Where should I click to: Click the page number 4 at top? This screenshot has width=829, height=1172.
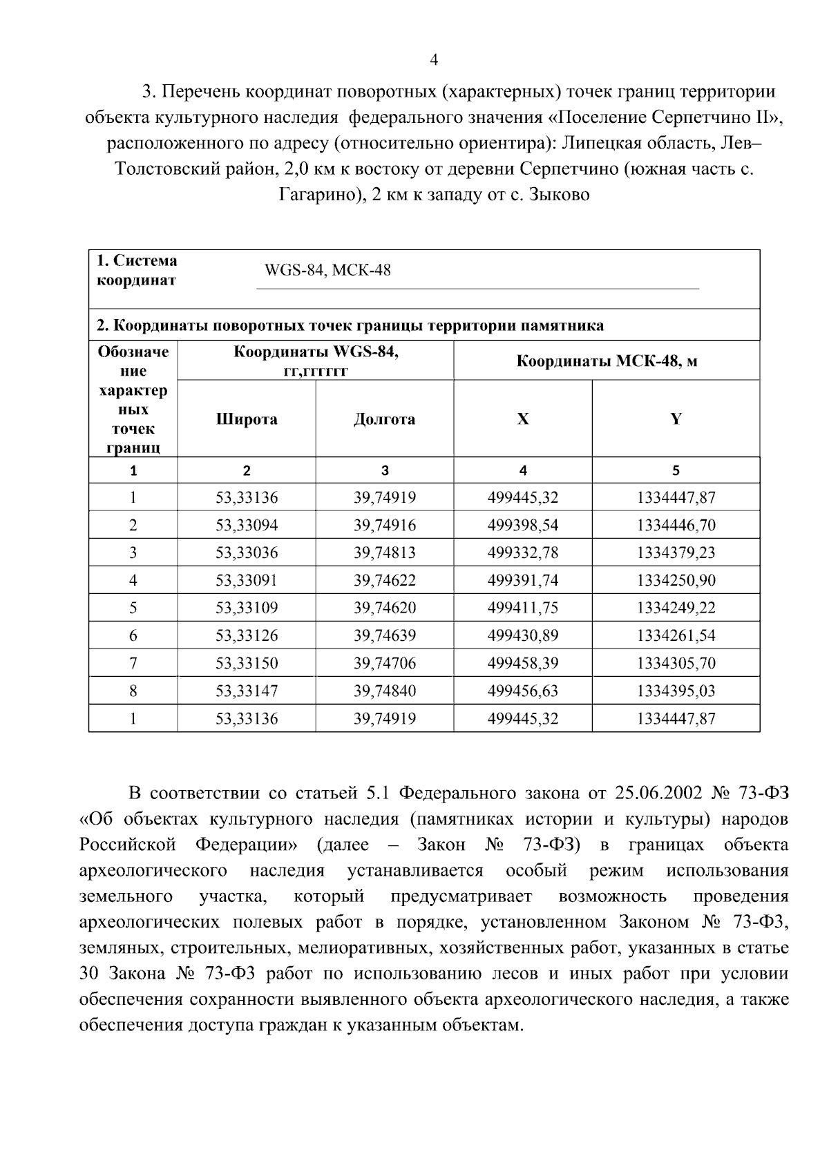pyautogui.click(x=434, y=60)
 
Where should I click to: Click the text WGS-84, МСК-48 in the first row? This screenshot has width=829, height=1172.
pyautogui.click(x=327, y=271)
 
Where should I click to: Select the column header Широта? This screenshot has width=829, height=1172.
pyautogui.click(x=247, y=419)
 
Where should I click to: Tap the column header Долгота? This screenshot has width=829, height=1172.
pyautogui.click(x=384, y=419)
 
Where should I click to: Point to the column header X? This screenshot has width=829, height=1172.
pyautogui.click(x=523, y=419)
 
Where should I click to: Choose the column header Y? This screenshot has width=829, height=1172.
pyautogui.click(x=676, y=419)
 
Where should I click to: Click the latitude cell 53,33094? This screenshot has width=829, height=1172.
pyautogui.click(x=247, y=526)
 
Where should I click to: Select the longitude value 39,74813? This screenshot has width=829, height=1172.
pyautogui.click(x=385, y=553)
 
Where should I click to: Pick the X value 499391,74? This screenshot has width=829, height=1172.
pyautogui.click(x=523, y=581)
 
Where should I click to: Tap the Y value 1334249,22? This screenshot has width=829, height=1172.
pyautogui.click(x=676, y=608)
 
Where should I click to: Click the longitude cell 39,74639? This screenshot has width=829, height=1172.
pyautogui.click(x=385, y=636)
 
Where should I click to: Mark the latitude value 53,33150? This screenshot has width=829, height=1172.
pyautogui.click(x=247, y=664)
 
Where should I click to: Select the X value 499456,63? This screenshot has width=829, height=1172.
pyautogui.click(x=523, y=691)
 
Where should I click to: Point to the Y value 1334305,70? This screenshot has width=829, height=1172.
pyautogui.click(x=676, y=664)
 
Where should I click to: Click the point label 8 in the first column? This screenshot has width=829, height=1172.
pyautogui.click(x=133, y=691)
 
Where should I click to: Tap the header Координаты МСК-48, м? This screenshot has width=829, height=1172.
pyautogui.click(x=607, y=361)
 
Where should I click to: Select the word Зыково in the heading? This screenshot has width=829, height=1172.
pyautogui.click(x=559, y=195)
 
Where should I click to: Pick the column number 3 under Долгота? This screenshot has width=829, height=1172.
pyautogui.click(x=385, y=471)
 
